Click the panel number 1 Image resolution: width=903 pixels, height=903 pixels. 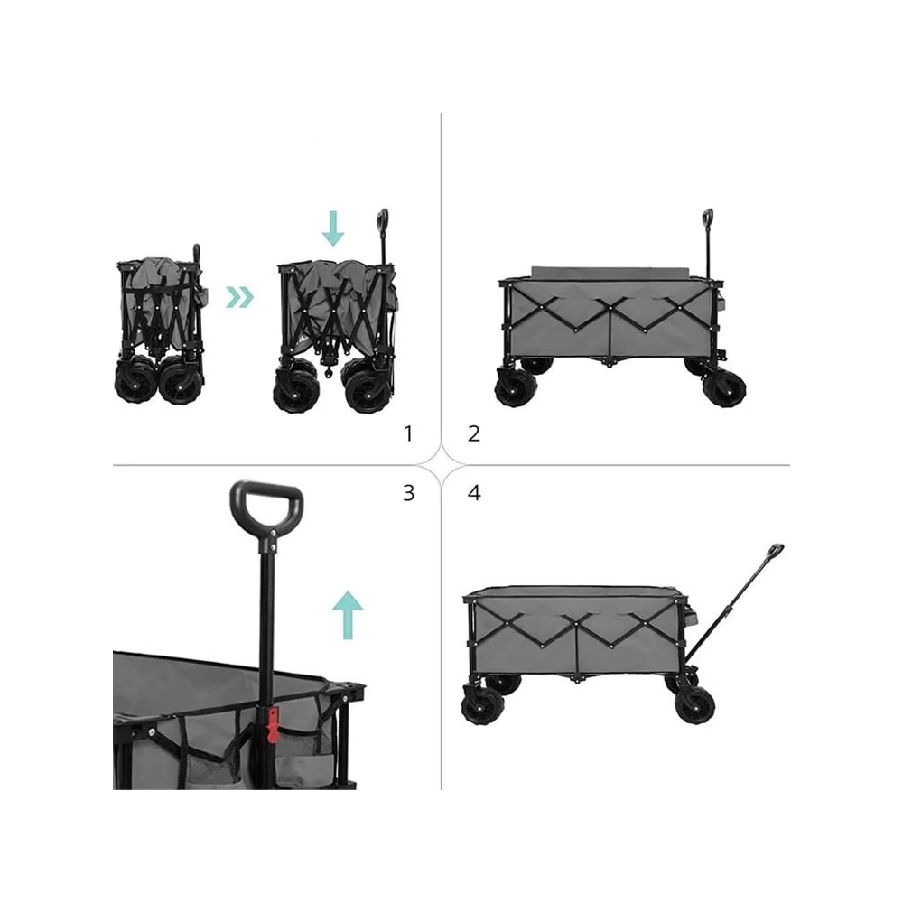(408, 433)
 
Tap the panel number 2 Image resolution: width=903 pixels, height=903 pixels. (474, 433)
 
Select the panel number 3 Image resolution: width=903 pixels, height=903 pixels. (408, 493)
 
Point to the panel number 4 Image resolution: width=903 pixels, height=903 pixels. (474, 493)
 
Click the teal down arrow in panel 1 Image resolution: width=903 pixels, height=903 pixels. (333, 228)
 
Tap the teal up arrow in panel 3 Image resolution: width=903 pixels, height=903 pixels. (348, 615)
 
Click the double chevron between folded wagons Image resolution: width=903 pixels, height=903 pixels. (239, 297)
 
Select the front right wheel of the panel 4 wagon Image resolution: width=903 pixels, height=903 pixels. (695, 706)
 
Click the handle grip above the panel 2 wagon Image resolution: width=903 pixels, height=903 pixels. (708, 219)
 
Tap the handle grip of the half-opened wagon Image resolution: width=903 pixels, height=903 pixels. (382, 220)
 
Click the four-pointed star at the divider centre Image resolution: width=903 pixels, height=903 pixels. (442, 463)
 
